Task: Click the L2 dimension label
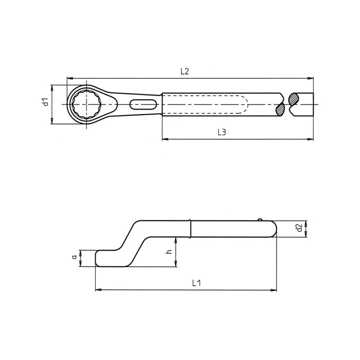click(x=184, y=71)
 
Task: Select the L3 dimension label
click(x=221, y=132)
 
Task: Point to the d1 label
click(x=45, y=103)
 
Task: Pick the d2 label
click(x=298, y=228)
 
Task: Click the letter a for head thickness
click(x=74, y=257)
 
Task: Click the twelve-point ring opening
click(x=85, y=105)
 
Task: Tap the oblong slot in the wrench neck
click(x=143, y=105)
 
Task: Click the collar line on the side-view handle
click(x=191, y=229)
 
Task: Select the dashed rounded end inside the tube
click(x=243, y=105)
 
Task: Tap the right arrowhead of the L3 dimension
click(x=310, y=139)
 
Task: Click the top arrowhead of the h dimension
click(x=176, y=240)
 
